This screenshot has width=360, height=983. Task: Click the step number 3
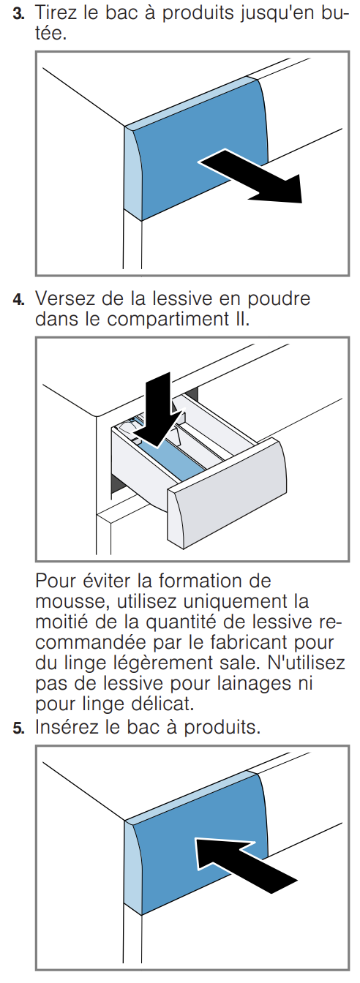click(18, 14)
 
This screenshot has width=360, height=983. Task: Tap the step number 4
click(18, 300)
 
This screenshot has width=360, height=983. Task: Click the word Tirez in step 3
click(56, 13)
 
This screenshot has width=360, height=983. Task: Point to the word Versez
click(64, 299)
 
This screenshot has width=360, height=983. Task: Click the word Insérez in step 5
click(67, 727)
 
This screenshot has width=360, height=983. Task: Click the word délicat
click(162, 704)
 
